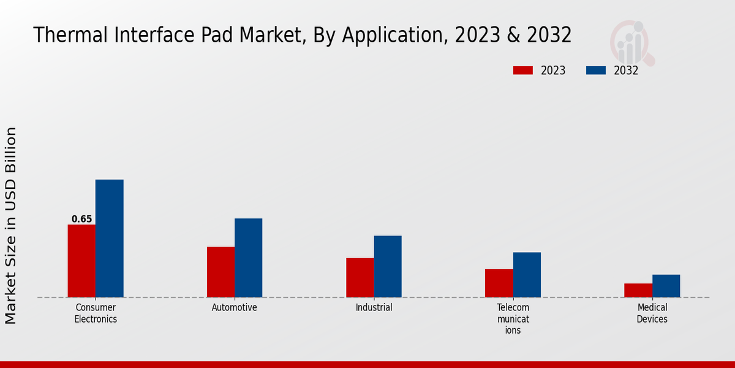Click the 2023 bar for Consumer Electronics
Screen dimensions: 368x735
click(81, 261)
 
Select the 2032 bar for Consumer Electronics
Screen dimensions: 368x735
click(109, 238)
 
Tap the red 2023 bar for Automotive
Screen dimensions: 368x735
click(221, 272)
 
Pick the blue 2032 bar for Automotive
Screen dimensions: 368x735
click(248, 258)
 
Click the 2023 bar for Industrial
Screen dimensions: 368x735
click(360, 277)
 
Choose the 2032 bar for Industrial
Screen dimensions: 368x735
click(388, 266)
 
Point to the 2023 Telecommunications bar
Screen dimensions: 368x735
click(499, 283)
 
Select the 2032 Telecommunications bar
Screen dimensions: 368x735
click(527, 274)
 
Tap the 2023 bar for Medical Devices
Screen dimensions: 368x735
click(638, 290)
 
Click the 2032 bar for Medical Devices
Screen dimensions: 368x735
click(666, 286)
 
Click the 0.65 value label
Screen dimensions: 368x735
click(81, 219)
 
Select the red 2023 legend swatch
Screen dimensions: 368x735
click(522, 71)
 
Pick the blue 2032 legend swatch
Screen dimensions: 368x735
click(596, 71)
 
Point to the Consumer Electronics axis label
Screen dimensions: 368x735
click(96, 313)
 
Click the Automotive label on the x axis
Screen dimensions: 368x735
click(235, 307)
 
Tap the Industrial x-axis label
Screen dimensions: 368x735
click(374, 307)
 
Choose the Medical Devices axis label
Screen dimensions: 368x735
click(652, 313)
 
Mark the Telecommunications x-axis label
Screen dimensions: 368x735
click(513, 318)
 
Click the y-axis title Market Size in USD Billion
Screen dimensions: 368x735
click(11, 225)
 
